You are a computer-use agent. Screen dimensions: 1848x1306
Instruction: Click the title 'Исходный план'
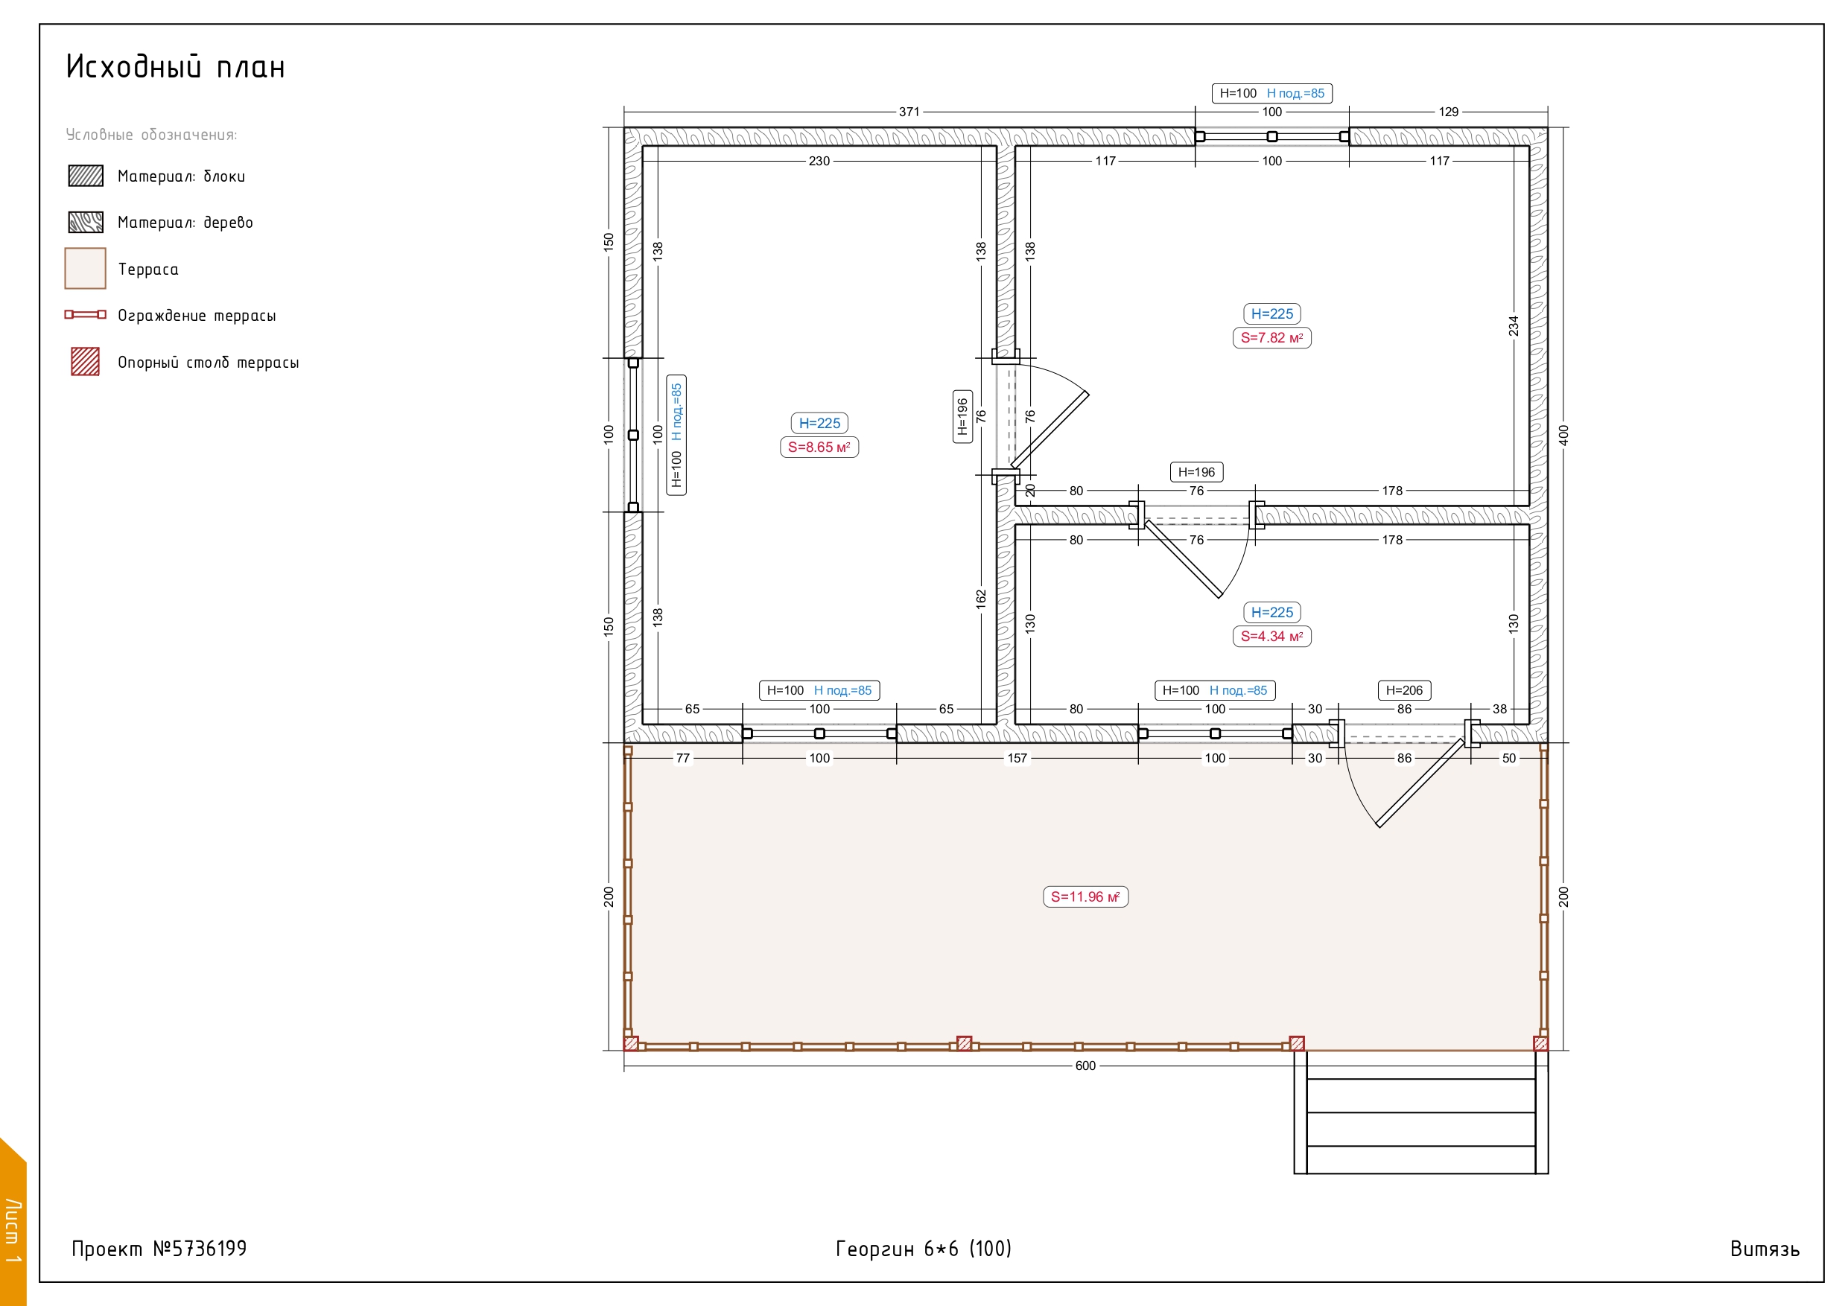[176, 67]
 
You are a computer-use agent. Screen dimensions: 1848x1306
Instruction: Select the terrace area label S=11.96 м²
[1085, 896]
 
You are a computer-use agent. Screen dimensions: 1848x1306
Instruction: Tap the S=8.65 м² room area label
[819, 447]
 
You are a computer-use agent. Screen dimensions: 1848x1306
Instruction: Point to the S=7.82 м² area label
[1271, 337]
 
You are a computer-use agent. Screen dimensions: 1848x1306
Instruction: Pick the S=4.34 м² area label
[1271, 636]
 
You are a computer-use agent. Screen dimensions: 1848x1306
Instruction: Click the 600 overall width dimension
[1085, 1065]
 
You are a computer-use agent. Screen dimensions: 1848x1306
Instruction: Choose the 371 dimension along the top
[909, 112]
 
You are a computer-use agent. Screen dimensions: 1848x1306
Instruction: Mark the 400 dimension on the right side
[1563, 436]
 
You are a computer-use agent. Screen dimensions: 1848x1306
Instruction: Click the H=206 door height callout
[1404, 689]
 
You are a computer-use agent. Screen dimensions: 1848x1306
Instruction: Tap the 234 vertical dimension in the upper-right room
[1513, 326]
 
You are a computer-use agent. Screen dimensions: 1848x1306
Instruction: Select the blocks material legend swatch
[86, 176]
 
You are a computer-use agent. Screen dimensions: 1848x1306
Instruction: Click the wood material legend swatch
[86, 222]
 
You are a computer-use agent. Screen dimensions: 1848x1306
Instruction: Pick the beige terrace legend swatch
[86, 268]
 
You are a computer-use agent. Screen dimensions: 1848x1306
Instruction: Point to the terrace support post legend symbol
[86, 361]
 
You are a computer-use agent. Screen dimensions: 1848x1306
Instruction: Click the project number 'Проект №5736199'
[159, 1248]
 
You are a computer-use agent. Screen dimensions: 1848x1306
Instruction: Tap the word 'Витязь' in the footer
[1765, 1249]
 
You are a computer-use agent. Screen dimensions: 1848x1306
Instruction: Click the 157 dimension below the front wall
[1017, 758]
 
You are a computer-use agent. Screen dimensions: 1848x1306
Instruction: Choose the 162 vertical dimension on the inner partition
[980, 599]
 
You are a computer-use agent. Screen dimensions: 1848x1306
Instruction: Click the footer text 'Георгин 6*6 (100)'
[923, 1248]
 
